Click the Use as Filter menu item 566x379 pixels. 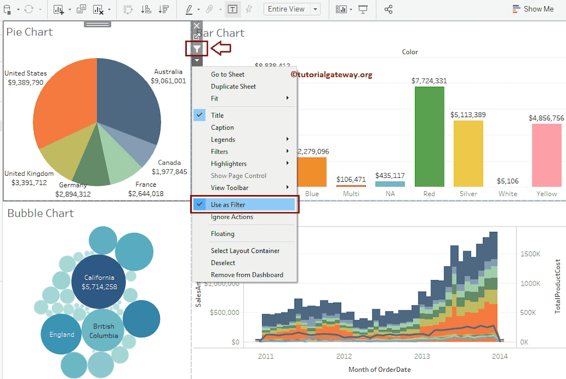click(x=228, y=205)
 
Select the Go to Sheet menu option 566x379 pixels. click(x=227, y=75)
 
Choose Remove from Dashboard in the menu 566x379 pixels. click(x=247, y=275)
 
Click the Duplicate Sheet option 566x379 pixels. click(x=233, y=87)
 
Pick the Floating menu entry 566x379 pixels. click(x=222, y=234)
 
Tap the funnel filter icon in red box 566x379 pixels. click(x=197, y=49)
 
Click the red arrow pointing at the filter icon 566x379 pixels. click(x=221, y=49)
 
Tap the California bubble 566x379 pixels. click(x=99, y=282)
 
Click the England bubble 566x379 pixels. click(x=61, y=334)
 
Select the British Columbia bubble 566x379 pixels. click(x=103, y=331)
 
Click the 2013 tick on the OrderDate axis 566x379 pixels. click(x=422, y=356)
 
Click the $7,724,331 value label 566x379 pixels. click(x=429, y=81)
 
